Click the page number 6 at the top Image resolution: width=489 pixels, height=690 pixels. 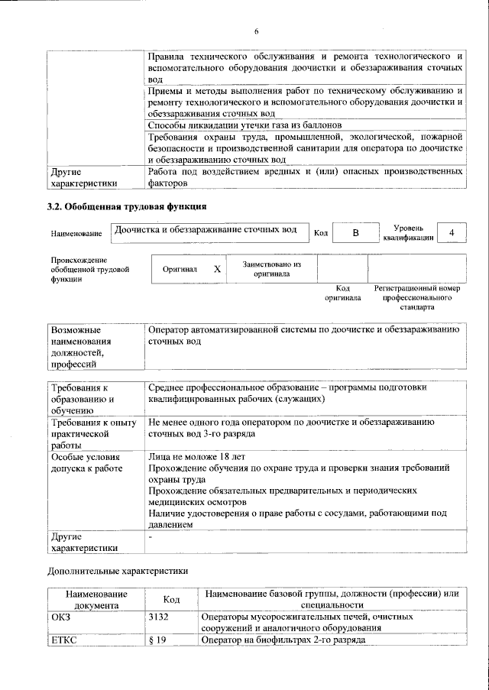257,31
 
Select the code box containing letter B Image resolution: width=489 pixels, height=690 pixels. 355,232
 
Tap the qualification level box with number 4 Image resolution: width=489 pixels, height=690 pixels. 452,232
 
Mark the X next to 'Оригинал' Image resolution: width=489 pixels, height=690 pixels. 217,269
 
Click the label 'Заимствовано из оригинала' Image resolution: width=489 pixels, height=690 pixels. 271,269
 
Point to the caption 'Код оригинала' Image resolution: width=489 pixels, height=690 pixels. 342,293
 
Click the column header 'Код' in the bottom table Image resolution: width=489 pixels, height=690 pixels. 172,599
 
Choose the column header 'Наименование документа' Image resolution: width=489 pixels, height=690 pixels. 96,599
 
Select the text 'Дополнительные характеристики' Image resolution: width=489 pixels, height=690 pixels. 118,570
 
